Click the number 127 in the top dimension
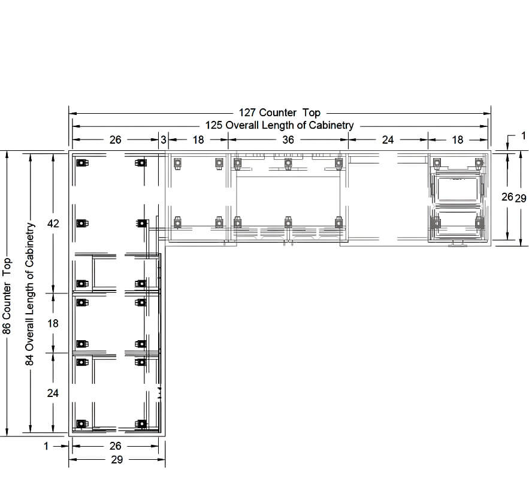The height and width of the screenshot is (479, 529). (x=247, y=113)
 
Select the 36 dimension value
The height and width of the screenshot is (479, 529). (x=288, y=140)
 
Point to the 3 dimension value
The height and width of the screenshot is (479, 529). (x=164, y=140)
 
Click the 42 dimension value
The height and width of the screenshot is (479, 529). (x=53, y=223)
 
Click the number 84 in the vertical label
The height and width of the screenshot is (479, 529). (x=30, y=360)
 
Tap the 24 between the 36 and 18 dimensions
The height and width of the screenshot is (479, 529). (x=388, y=140)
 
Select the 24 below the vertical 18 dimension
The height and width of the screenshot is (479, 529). (x=53, y=393)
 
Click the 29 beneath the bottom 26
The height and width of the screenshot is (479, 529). (x=117, y=460)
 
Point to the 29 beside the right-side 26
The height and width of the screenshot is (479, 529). (x=521, y=198)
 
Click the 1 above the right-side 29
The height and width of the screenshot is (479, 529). (x=523, y=136)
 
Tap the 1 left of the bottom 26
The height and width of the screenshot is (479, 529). (x=46, y=446)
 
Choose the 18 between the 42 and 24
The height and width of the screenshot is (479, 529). (x=53, y=323)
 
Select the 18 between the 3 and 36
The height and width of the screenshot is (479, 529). (x=198, y=140)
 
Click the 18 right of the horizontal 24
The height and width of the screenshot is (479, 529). (x=458, y=140)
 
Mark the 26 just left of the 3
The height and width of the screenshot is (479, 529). (x=116, y=140)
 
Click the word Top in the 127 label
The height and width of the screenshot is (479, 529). (x=312, y=113)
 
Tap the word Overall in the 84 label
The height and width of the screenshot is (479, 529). (x=30, y=332)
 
